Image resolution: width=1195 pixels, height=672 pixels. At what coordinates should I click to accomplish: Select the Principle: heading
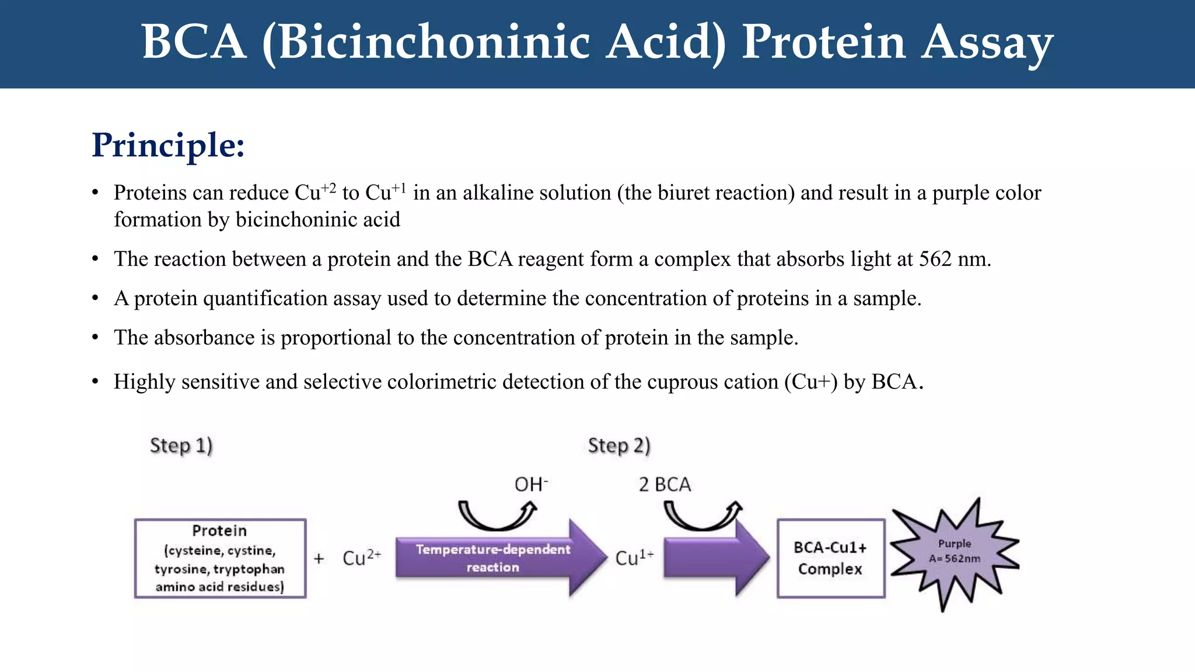(168, 145)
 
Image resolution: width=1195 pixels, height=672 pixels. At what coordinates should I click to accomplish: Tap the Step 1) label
(181, 446)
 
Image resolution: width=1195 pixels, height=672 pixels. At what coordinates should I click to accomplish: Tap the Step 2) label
(619, 446)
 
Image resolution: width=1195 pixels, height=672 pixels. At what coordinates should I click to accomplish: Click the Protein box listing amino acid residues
(220, 558)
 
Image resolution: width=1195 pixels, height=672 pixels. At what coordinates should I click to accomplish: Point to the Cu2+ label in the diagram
(361, 558)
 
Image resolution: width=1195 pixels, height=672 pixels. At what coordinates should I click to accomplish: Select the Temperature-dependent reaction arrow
(493, 558)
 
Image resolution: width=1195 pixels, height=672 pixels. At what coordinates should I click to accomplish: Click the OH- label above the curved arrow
(530, 484)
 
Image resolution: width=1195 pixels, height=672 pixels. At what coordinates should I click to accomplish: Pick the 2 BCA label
(665, 485)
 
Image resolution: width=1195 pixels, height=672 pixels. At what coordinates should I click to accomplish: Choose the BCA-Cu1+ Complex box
(830, 558)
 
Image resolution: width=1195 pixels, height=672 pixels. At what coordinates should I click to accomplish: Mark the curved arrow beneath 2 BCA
(703, 516)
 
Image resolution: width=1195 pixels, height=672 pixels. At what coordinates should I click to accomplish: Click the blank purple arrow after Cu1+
(715, 558)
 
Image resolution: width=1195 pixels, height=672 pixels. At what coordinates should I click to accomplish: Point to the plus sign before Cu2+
(319, 559)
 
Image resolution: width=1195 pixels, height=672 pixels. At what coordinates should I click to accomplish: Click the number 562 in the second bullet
(935, 259)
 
